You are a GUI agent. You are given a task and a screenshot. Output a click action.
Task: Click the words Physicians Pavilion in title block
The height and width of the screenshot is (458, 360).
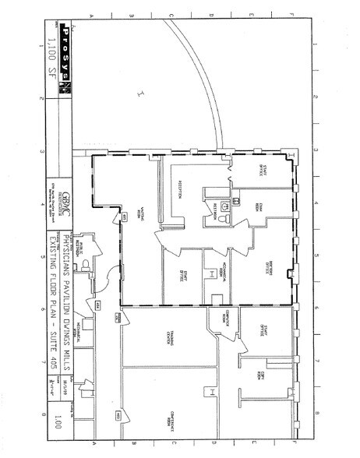click(x=66, y=257)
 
